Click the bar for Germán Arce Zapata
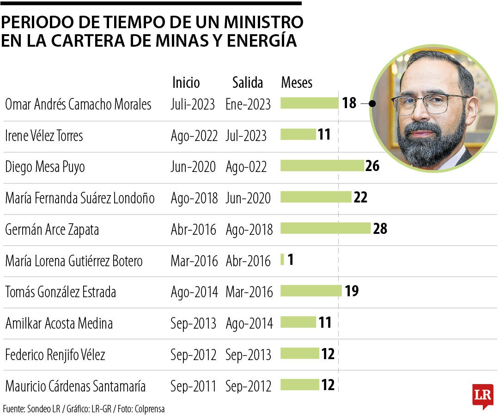325,228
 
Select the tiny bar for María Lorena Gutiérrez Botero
282,260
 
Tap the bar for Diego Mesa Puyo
322,165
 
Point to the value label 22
360,197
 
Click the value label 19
352,291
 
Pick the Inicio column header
186,83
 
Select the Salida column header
248,83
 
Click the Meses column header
297,83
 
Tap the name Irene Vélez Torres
44,135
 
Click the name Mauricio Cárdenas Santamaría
75,385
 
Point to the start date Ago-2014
194,292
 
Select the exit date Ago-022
246,167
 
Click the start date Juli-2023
193,104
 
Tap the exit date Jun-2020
248,198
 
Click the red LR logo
483,396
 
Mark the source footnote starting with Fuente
84,409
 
